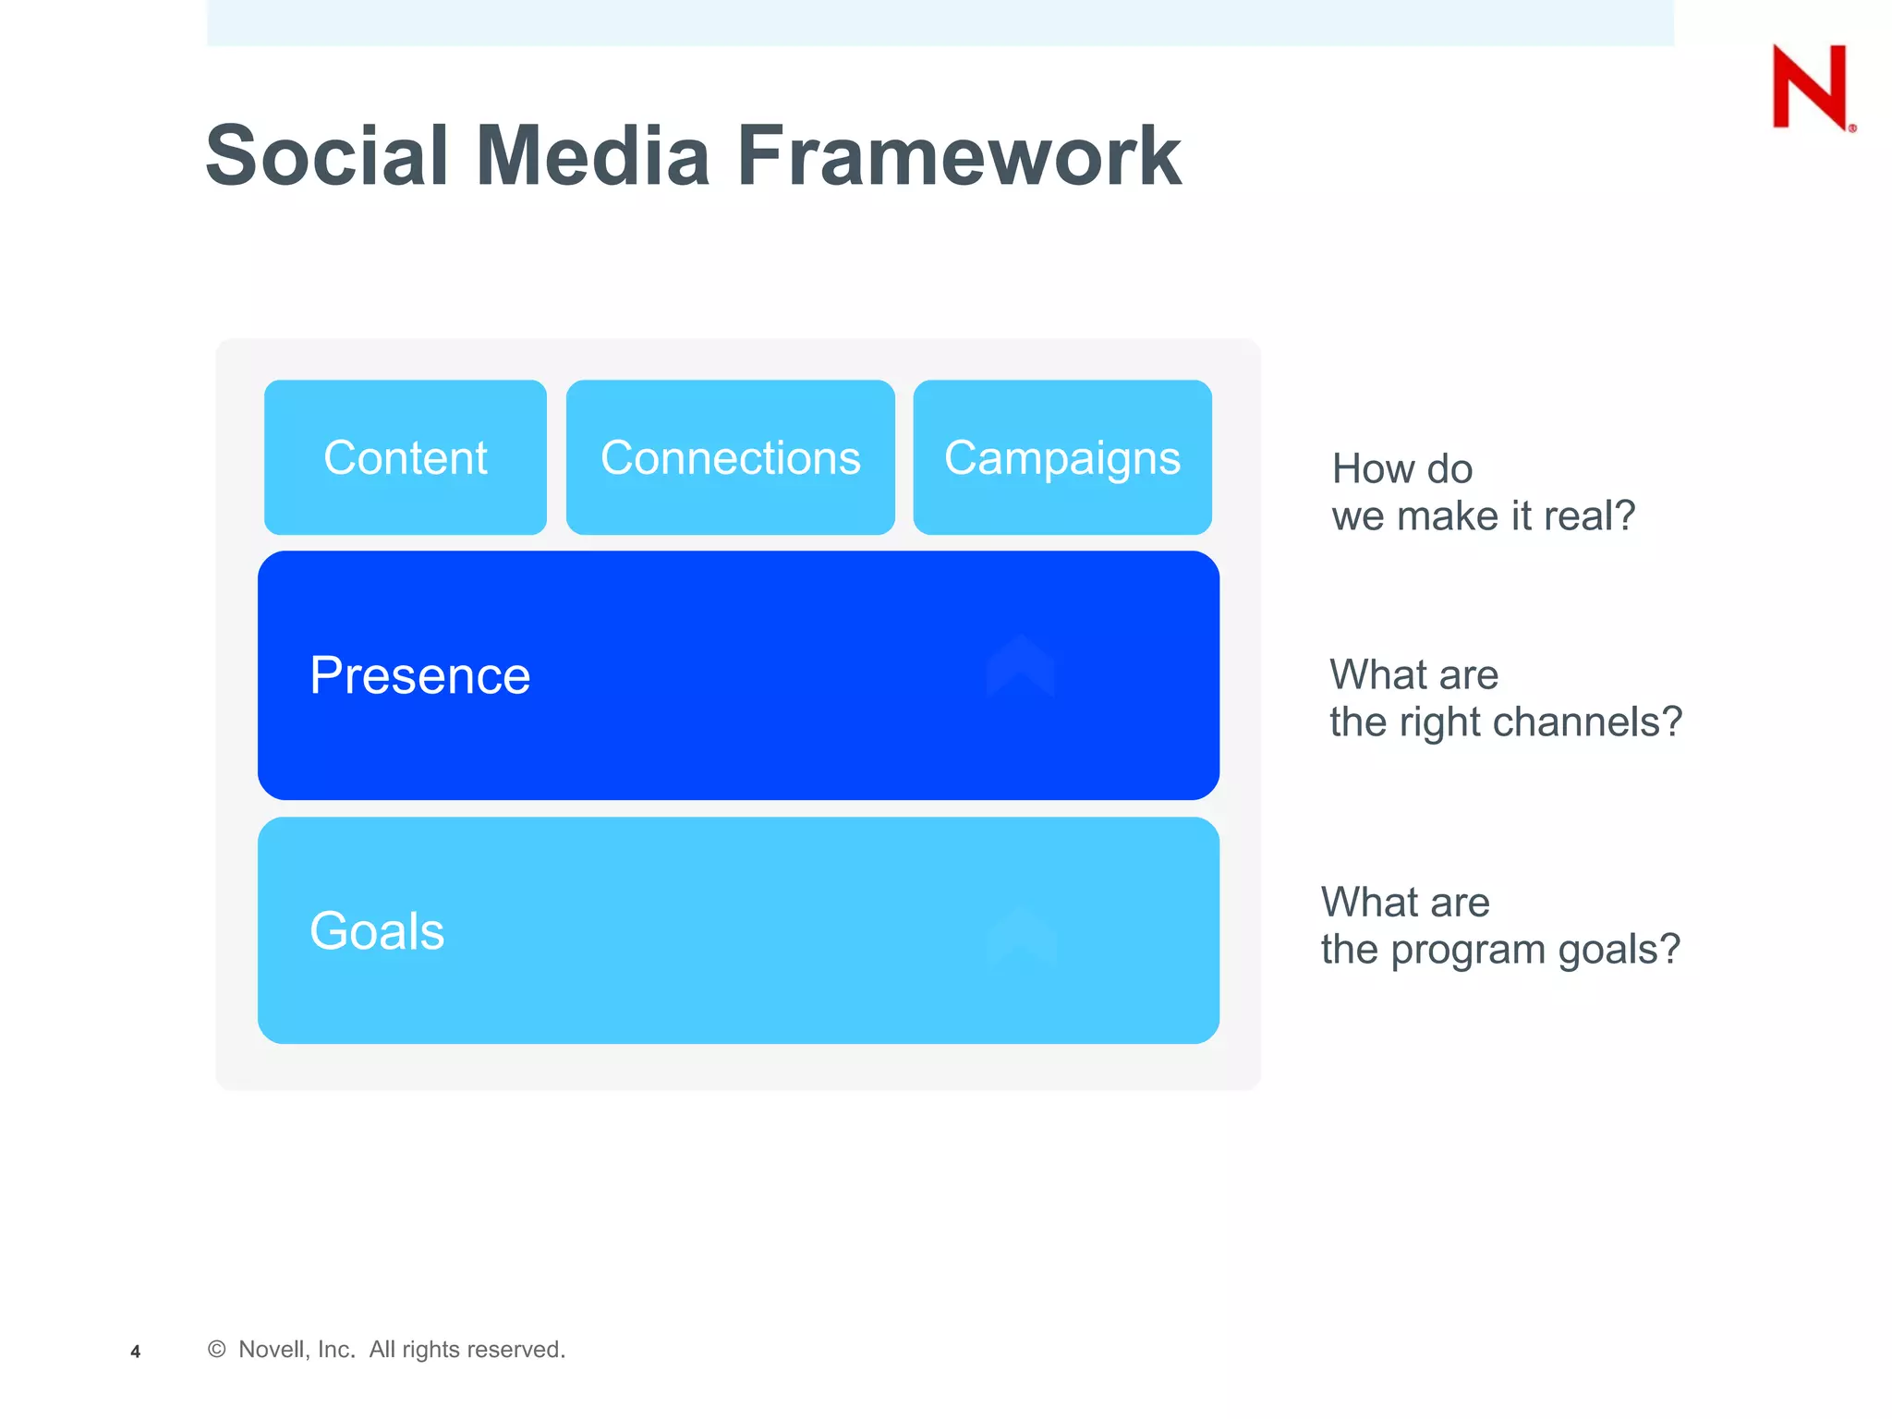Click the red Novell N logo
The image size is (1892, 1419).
coord(1811,87)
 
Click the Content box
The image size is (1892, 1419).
coord(406,457)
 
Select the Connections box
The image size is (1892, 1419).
coord(730,457)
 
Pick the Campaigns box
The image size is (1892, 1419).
coord(1062,457)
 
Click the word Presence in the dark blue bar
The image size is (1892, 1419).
coord(419,675)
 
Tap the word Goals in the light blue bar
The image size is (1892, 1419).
coord(377,930)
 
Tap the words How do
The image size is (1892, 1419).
coord(1401,469)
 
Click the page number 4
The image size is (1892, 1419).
coord(135,1352)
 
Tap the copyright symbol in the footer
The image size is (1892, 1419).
coord(217,1350)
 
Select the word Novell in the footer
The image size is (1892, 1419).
coord(271,1350)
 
